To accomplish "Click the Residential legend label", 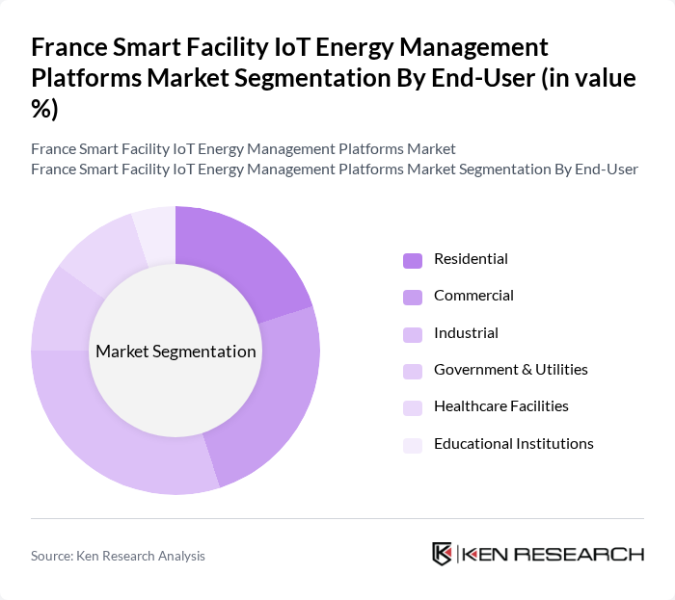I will pyautogui.click(x=471, y=259).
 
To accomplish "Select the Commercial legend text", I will pyautogui.click(x=473, y=296).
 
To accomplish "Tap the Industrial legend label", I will pyautogui.click(x=466, y=333).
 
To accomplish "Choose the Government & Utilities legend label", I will pyautogui.click(x=510, y=370).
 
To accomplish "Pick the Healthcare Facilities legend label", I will pyautogui.click(x=500, y=406).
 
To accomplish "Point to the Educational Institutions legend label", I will pyautogui.click(x=513, y=444).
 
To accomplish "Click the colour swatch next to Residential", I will pyautogui.click(x=413, y=260).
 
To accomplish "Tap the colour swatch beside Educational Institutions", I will pyautogui.click(x=413, y=445).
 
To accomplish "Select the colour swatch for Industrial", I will pyautogui.click(x=413, y=334).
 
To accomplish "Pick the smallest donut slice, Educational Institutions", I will pyautogui.click(x=155, y=231).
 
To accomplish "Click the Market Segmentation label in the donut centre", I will pyautogui.click(x=175, y=352).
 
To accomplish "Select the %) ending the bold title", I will pyautogui.click(x=45, y=108).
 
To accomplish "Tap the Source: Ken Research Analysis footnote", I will pyautogui.click(x=118, y=556).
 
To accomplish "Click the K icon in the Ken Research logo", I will pyautogui.click(x=443, y=554).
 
